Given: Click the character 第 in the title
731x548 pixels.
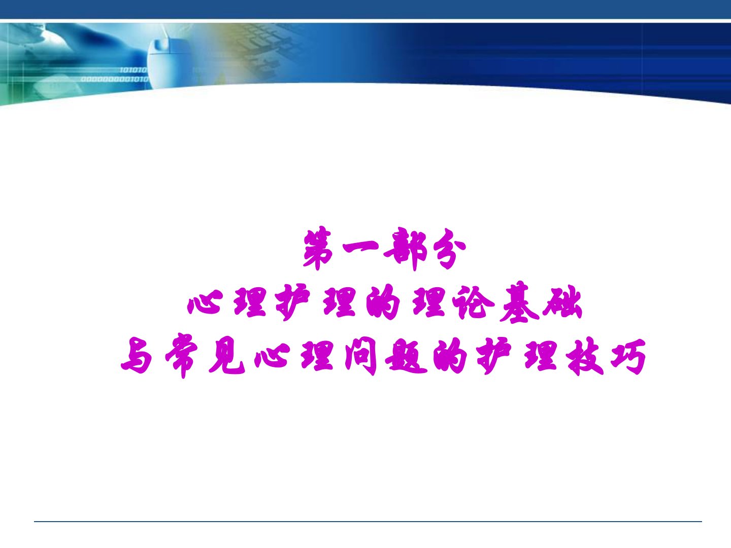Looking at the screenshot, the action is [x=319, y=248].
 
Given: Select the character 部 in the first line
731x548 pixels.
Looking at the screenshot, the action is [x=405, y=249].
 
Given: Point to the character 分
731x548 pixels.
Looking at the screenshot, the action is [x=449, y=249].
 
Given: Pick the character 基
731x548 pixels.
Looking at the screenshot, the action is [x=519, y=302].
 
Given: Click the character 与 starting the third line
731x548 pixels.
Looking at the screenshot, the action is [x=137, y=356].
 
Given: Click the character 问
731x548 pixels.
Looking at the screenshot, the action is [x=360, y=356].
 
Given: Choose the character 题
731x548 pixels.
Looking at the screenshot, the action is [x=406, y=356].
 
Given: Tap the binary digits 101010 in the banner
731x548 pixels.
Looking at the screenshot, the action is [x=133, y=70].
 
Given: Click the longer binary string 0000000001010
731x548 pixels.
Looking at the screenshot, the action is [x=115, y=79].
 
